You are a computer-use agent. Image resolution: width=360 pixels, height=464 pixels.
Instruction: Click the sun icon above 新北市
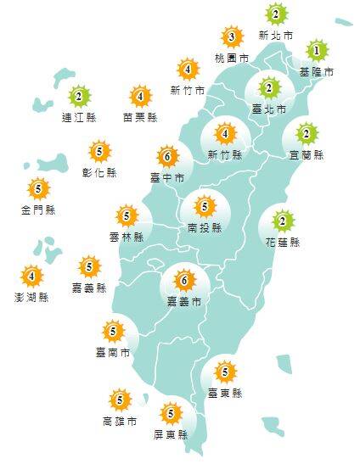point(277,14)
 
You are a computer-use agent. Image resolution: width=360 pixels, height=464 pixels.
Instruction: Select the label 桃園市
point(231,59)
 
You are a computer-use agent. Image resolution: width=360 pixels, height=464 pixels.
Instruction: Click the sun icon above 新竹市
point(188,69)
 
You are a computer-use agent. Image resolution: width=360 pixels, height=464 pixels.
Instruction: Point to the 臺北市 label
point(269,109)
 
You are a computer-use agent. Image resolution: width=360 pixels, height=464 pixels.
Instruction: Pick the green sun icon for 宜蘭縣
point(307,133)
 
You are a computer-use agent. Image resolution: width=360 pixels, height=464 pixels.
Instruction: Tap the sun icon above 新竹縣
point(225,133)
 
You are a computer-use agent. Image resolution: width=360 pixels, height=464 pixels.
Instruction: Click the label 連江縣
point(79,117)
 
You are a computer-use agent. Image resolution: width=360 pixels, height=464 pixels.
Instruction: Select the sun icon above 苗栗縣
point(140,96)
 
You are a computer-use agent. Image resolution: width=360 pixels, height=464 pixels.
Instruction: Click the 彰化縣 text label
point(100,173)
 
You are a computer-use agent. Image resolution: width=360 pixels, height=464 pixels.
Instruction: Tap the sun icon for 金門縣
point(38,189)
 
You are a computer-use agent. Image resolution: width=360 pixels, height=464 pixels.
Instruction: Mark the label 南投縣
point(204,227)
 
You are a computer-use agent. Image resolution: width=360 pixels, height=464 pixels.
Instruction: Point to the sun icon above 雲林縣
point(127,216)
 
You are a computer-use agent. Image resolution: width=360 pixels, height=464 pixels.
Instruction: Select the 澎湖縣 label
point(32,297)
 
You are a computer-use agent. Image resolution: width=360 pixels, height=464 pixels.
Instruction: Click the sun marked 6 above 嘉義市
point(183,279)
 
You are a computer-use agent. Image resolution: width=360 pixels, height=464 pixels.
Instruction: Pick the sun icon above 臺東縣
point(225,372)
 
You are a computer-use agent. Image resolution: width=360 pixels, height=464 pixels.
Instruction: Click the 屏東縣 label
point(171,434)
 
